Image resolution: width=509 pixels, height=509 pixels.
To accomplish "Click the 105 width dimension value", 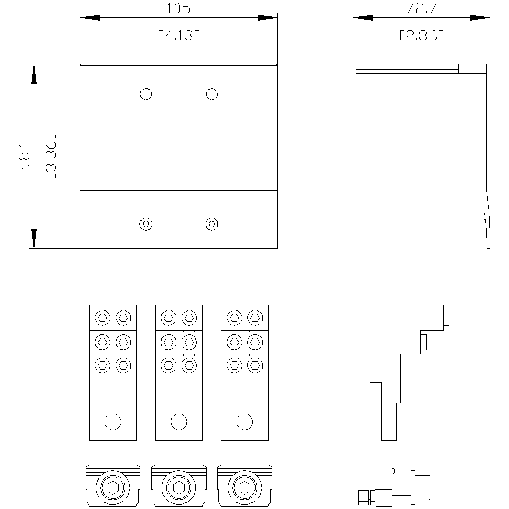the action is pyautogui.click(x=179, y=8).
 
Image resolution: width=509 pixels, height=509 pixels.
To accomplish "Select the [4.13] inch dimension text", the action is pyautogui.click(x=179, y=35).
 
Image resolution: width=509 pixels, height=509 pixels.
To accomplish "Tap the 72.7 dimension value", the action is pyautogui.click(x=421, y=8).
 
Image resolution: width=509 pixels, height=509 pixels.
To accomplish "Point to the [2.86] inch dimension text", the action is pyautogui.click(x=421, y=35).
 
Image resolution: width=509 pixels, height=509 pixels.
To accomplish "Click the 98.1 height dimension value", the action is pyautogui.click(x=24, y=156).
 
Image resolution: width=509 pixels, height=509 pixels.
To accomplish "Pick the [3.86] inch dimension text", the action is pyautogui.click(x=51, y=156).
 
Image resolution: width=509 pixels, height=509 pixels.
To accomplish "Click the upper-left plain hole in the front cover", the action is pyautogui.click(x=146, y=94).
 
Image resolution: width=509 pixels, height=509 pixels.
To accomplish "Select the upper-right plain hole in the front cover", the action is pyautogui.click(x=212, y=94).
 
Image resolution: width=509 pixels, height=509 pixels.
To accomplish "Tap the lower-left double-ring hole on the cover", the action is pyautogui.click(x=146, y=224).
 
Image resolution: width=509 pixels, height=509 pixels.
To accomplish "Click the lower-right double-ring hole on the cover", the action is pyautogui.click(x=212, y=224).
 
